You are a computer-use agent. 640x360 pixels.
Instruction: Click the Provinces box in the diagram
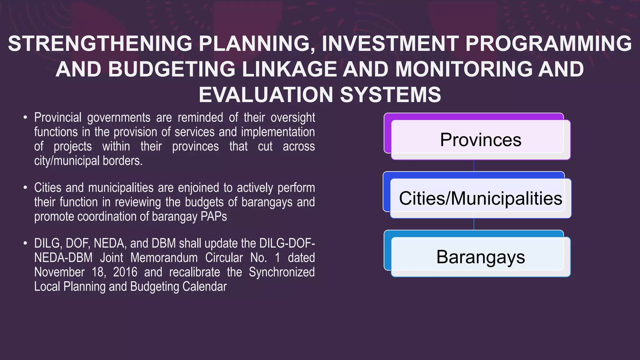pyautogui.click(x=480, y=140)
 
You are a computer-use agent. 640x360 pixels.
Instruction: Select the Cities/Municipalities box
pyautogui.click(x=480, y=198)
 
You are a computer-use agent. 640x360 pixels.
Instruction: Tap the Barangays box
pyautogui.click(x=480, y=257)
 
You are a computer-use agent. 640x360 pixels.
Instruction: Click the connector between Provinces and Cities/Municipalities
pyautogui.click(x=474, y=166)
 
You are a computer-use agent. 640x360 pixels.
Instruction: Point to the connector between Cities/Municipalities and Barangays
pyautogui.click(x=474, y=224)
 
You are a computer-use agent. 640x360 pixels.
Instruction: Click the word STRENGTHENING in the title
pyautogui.click(x=100, y=43)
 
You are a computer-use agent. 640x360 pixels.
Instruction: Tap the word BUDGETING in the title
pyautogui.click(x=172, y=69)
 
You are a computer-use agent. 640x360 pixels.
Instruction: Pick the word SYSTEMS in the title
pyautogui.click(x=390, y=95)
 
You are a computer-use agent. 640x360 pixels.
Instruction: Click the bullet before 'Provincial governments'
pyautogui.click(x=25, y=118)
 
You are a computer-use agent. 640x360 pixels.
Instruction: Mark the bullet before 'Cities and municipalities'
pyautogui.click(x=25, y=188)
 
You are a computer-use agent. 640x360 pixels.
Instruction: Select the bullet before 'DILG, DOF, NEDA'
pyautogui.click(x=25, y=244)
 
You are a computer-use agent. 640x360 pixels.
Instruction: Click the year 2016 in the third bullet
pyautogui.click(x=125, y=272)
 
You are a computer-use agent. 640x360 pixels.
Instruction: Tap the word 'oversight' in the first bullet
pyautogui.click(x=292, y=118)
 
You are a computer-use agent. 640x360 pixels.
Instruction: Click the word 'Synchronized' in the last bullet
pyautogui.click(x=282, y=272)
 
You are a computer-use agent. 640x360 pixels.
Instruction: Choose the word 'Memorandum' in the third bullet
pyautogui.click(x=164, y=258)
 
